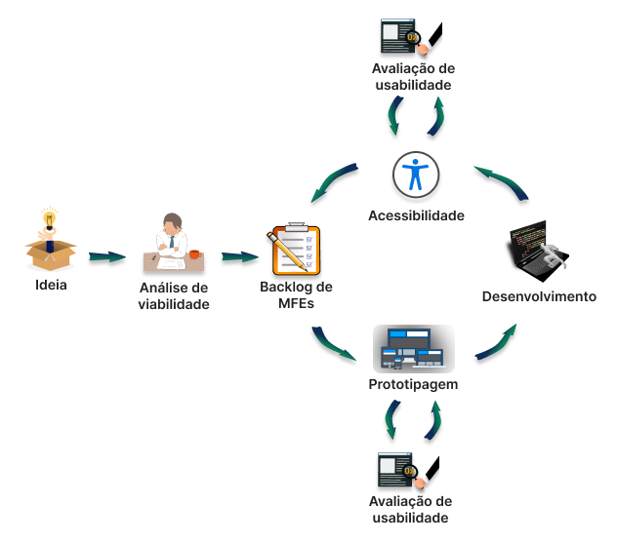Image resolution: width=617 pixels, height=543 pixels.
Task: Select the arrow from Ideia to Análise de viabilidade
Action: click(x=107, y=257)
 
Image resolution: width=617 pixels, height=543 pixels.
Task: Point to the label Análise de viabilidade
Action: click(x=174, y=296)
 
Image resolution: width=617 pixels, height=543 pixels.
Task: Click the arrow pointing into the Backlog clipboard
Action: click(x=239, y=257)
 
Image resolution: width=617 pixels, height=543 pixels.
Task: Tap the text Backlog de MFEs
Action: click(x=296, y=295)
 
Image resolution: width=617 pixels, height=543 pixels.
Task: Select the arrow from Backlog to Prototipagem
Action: click(x=335, y=344)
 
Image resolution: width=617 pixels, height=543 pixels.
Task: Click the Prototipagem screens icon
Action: click(x=414, y=348)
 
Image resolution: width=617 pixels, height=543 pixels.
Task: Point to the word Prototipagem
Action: click(x=414, y=384)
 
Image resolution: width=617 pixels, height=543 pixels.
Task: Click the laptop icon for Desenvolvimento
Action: click(x=538, y=252)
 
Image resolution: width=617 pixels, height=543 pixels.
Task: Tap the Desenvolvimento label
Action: click(x=539, y=296)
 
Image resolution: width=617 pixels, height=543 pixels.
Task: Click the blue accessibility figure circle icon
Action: click(x=416, y=175)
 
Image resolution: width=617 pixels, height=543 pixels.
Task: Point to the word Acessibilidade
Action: click(x=416, y=215)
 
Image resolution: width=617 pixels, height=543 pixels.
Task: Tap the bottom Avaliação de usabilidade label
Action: click(x=411, y=509)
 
